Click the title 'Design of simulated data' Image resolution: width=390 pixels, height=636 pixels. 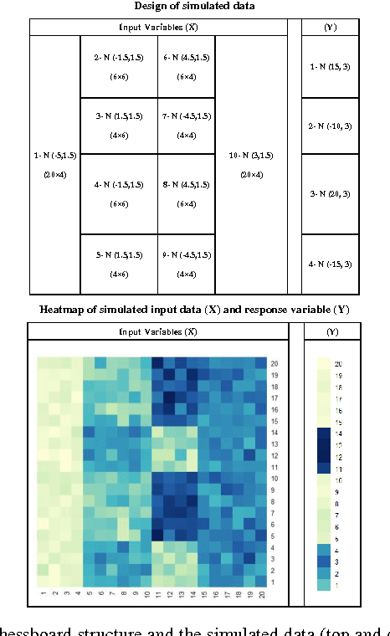click(195, 8)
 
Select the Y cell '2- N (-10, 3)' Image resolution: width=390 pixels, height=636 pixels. click(330, 126)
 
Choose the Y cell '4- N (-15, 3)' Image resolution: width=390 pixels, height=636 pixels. click(330, 264)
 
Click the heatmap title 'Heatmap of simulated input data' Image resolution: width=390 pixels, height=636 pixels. click(195, 309)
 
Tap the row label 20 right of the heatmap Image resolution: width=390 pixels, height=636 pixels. click(274, 364)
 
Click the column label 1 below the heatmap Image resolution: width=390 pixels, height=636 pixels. click(43, 596)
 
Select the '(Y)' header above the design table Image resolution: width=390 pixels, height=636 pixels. click(330, 27)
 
